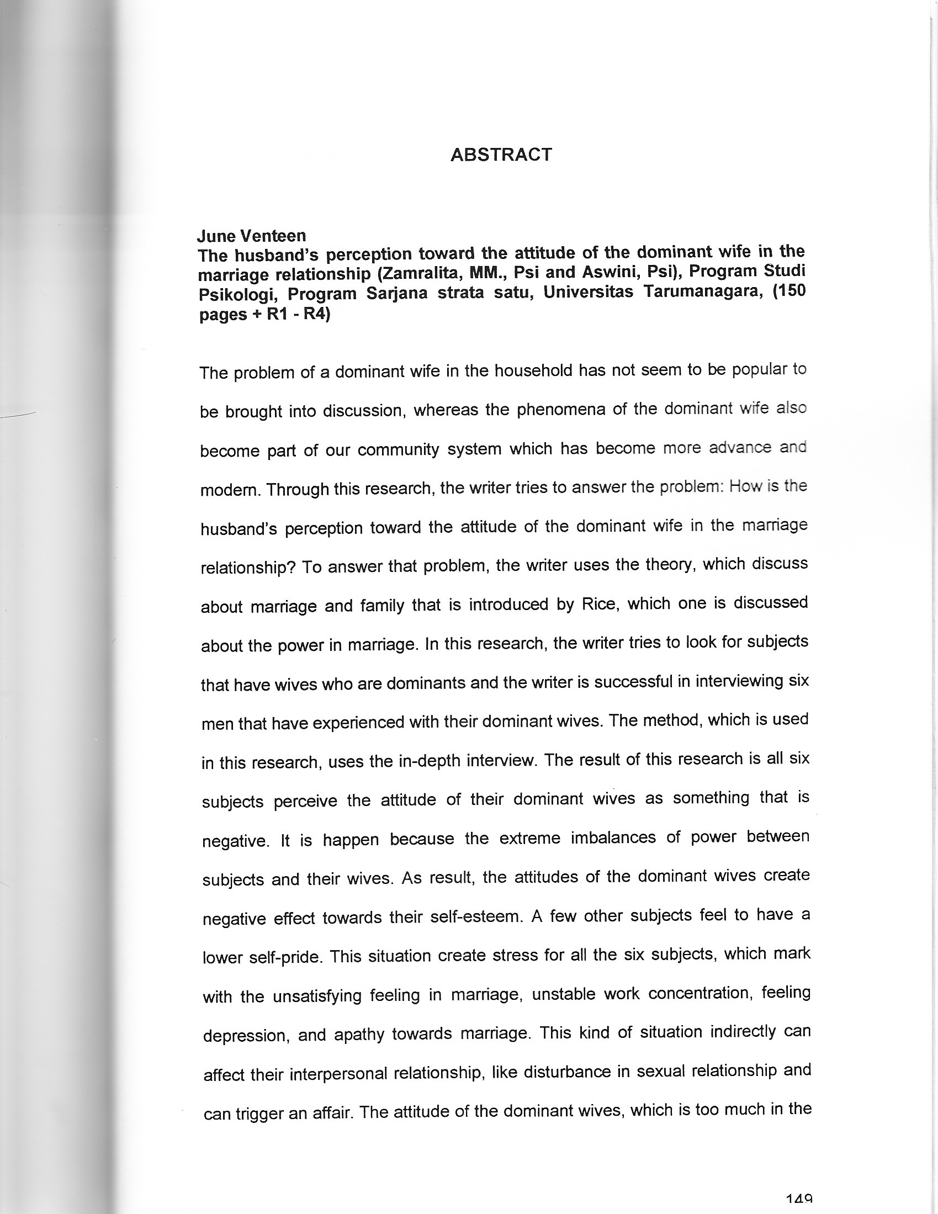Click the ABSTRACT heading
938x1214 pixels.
click(501, 155)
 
